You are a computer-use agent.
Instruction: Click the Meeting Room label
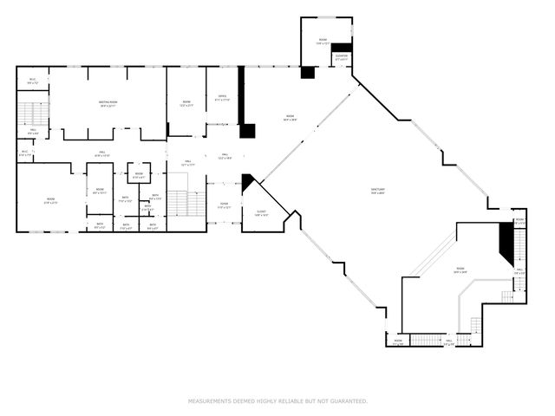(108, 104)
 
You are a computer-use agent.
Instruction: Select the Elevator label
(342, 58)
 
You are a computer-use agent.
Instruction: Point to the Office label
(222, 99)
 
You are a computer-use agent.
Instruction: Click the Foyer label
(223, 206)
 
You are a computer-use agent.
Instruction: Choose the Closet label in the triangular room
(261, 213)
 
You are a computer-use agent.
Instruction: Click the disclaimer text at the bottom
(277, 401)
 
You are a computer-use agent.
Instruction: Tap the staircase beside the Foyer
(178, 202)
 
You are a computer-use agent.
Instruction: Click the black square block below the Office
(249, 131)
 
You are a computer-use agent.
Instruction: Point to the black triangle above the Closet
(248, 182)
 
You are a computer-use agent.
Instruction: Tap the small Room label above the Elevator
(323, 41)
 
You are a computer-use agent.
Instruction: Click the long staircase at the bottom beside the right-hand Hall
(423, 339)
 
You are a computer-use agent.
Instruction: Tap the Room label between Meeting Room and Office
(186, 103)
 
